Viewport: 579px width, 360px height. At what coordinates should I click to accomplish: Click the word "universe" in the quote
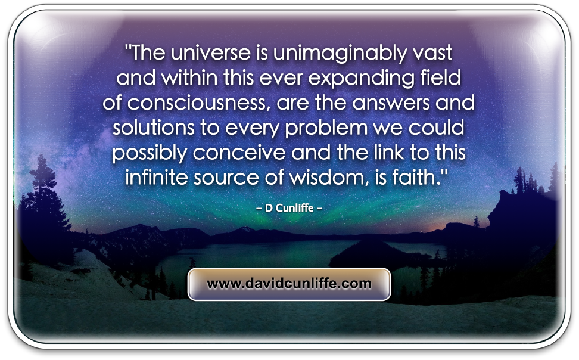[x=211, y=52]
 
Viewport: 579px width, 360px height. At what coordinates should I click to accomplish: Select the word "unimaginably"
[x=340, y=54]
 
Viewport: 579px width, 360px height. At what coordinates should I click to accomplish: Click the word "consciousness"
[x=196, y=103]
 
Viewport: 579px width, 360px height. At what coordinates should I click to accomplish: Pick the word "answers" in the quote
[x=391, y=103]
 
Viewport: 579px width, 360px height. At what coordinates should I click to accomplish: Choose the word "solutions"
[x=153, y=128]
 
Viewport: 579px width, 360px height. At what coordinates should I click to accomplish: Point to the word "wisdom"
[x=328, y=178]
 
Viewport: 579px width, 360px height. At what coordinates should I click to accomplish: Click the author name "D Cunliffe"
[x=289, y=208]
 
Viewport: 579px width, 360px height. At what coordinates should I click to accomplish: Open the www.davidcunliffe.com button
[x=289, y=284]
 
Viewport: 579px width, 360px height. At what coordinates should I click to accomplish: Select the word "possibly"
[x=149, y=153]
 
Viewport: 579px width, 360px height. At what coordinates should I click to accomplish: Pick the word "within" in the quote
[x=189, y=78]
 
